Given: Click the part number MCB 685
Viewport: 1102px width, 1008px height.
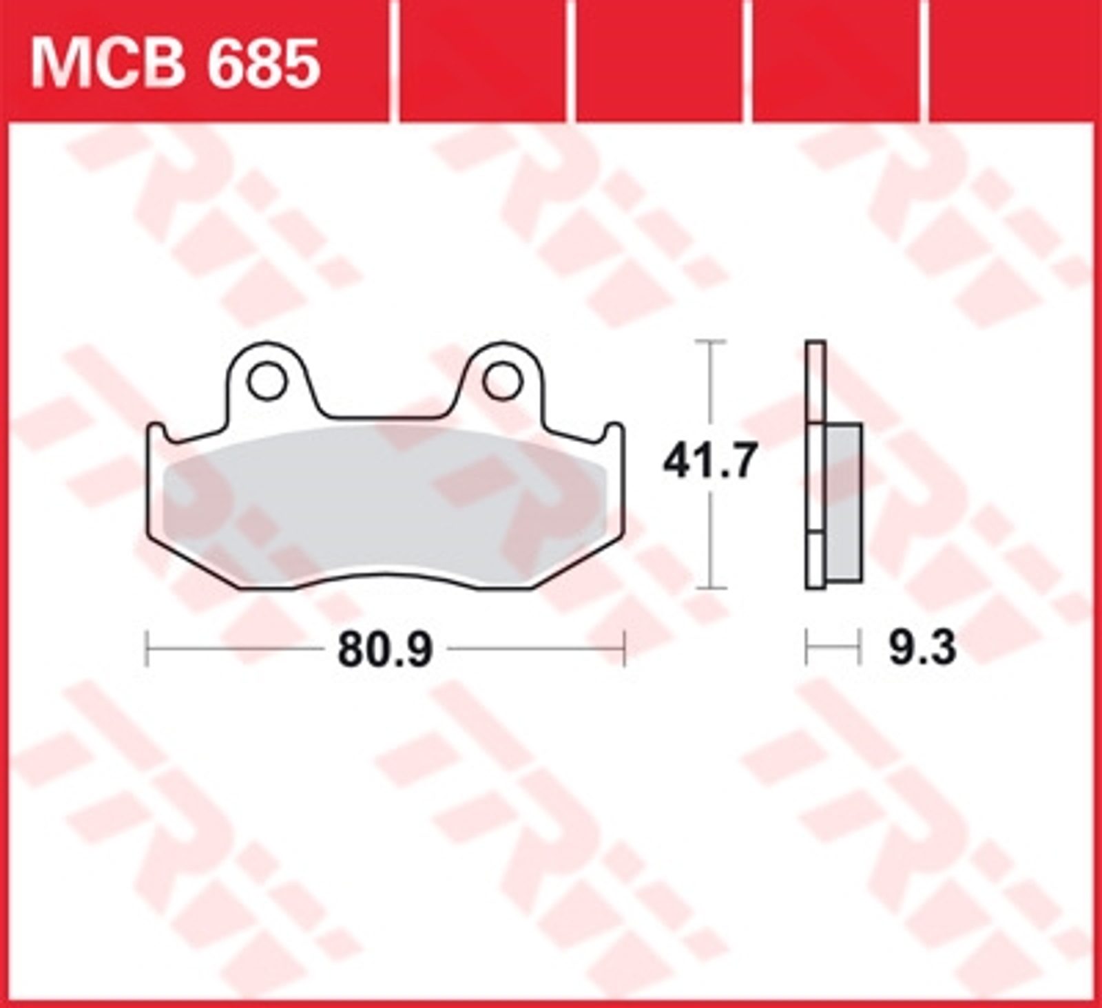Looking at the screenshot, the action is [x=176, y=63].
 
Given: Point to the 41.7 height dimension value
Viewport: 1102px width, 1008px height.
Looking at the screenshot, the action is [x=709, y=461].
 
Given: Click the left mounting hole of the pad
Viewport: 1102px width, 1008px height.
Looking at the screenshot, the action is [x=267, y=382].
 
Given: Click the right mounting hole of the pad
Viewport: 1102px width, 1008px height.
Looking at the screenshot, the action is [x=503, y=382].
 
